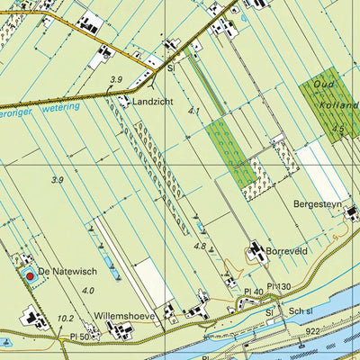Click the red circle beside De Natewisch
tap(29, 275)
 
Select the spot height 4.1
tap(194, 112)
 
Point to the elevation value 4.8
tap(202, 246)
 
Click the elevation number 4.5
tap(337, 129)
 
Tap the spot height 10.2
tap(65, 318)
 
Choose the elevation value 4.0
tap(87, 291)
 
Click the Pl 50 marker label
tap(81, 336)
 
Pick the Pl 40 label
tap(253, 292)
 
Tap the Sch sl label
tap(300, 310)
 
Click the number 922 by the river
tap(312, 331)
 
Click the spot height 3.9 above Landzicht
tap(115, 80)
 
